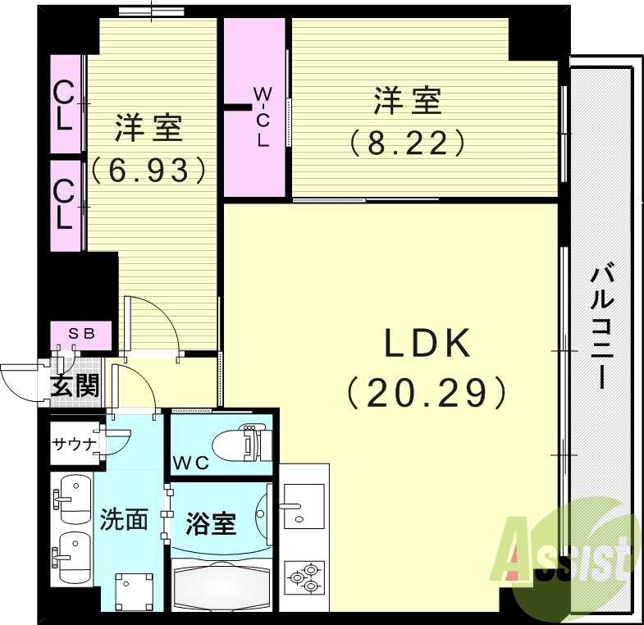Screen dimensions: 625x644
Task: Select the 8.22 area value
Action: click(x=408, y=144)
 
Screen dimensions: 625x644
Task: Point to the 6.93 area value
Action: click(x=148, y=170)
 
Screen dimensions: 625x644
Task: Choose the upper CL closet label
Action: click(x=65, y=105)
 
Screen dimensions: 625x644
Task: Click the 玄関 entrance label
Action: click(x=75, y=385)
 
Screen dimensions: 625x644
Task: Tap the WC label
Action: click(x=191, y=463)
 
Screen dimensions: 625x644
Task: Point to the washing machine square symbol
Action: click(x=133, y=589)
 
